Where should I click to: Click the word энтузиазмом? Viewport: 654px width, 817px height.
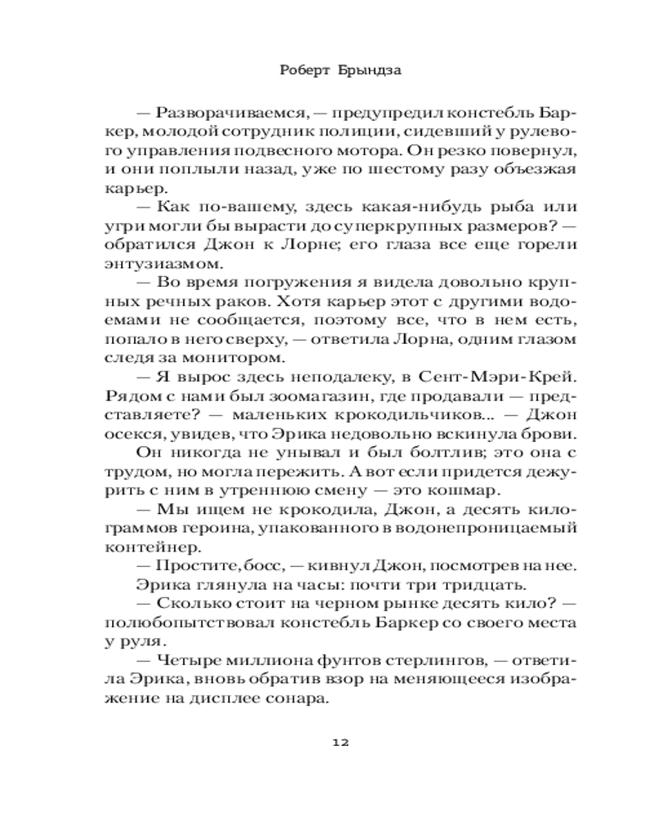163,264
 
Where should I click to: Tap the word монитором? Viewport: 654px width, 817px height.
264,358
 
